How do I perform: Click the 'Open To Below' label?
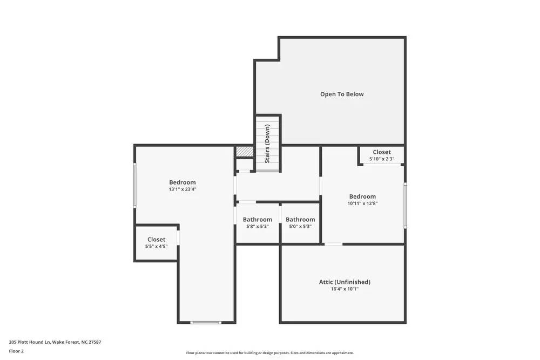pyautogui.click(x=342, y=94)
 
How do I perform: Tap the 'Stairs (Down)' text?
pyautogui.click(x=267, y=144)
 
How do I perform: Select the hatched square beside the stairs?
pyautogui.click(x=245, y=152)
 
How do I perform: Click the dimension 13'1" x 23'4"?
pyautogui.click(x=183, y=189)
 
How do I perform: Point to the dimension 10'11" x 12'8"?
pyautogui.click(x=362, y=203)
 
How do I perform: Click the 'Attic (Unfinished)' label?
pyautogui.click(x=345, y=282)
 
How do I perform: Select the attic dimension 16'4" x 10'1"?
pyautogui.click(x=345, y=289)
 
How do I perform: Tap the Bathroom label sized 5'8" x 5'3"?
pyautogui.click(x=257, y=220)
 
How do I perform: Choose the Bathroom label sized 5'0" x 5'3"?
pyautogui.click(x=300, y=220)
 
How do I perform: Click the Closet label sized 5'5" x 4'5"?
pyautogui.click(x=156, y=240)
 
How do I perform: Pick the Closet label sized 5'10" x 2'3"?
pyautogui.click(x=381, y=152)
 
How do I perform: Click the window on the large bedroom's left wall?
pyautogui.click(x=134, y=185)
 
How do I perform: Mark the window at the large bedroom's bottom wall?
pyautogui.click(x=206, y=322)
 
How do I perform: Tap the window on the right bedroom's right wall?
pyautogui.click(x=404, y=205)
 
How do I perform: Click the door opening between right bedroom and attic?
pyautogui.click(x=333, y=244)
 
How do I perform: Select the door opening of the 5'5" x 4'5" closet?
pyautogui.click(x=178, y=237)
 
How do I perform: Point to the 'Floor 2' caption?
pyautogui.click(x=16, y=351)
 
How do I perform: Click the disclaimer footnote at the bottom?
pyautogui.click(x=270, y=352)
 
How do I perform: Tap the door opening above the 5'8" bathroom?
pyautogui.click(x=247, y=202)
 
